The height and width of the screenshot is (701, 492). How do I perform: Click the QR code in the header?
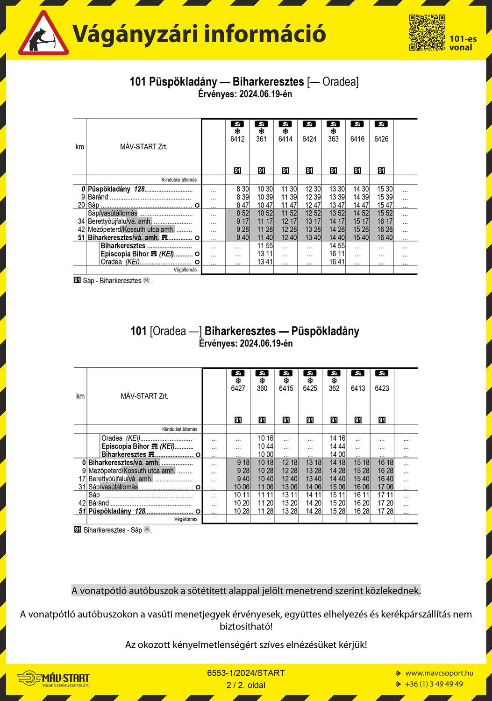click(x=427, y=32)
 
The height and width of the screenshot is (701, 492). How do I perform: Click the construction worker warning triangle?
click(x=43, y=34)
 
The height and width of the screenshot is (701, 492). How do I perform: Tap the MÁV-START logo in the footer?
click(x=53, y=679)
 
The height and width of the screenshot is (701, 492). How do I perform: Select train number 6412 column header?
click(x=237, y=139)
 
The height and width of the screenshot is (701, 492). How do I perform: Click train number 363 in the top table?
click(x=333, y=139)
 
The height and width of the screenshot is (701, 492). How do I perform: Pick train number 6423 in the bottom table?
click(x=382, y=388)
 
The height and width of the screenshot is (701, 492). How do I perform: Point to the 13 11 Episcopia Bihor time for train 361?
click(x=265, y=254)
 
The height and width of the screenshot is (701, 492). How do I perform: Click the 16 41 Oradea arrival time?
click(x=337, y=262)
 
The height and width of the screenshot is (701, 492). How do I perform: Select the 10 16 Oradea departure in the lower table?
click(x=266, y=438)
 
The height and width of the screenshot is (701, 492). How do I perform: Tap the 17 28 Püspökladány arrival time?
click(x=385, y=511)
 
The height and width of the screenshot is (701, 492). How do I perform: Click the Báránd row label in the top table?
click(x=98, y=197)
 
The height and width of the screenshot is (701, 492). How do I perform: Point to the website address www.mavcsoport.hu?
click(x=439, y=673)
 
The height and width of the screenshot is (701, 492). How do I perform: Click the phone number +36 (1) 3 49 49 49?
click(x=434, y=684)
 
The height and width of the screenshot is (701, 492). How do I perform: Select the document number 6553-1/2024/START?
click(x=246, y=673)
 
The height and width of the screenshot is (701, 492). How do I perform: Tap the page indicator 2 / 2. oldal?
click(x=246, y=685)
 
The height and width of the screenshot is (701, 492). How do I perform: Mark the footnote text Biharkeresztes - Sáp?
click(x=113, y=530)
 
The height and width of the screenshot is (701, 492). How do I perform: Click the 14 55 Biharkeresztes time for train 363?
click(x=337, y=246)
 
